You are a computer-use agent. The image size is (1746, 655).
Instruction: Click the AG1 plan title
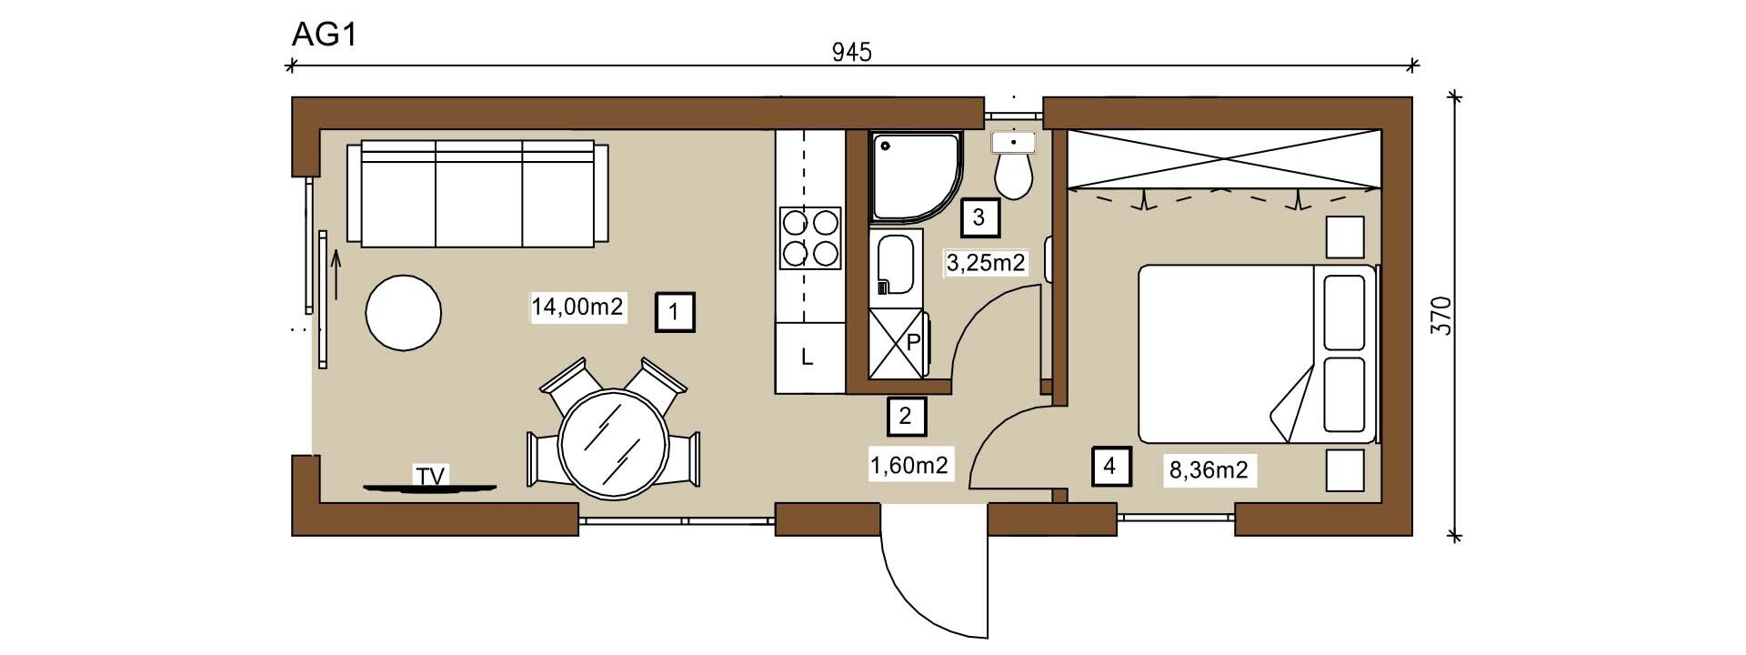323,34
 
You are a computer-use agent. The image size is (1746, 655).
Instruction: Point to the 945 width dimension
852,53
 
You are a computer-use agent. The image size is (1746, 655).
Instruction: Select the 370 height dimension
1442,315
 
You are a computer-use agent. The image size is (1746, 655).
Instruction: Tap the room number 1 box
675,313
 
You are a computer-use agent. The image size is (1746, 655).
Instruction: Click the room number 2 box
906,417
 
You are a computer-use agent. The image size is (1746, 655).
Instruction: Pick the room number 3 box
978,218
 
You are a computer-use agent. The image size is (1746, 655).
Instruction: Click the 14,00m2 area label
577,307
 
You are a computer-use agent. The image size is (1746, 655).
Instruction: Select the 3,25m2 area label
987,264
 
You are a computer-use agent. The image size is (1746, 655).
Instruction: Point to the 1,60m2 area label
909,467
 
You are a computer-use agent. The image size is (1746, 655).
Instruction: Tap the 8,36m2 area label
1209,470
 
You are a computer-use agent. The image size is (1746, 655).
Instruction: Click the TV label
431,477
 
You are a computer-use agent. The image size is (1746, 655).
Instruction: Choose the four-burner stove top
810,238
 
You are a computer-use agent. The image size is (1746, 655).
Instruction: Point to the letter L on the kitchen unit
807,358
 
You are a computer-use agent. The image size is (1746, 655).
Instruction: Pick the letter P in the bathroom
914,342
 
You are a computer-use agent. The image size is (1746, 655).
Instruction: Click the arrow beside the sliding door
336,275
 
